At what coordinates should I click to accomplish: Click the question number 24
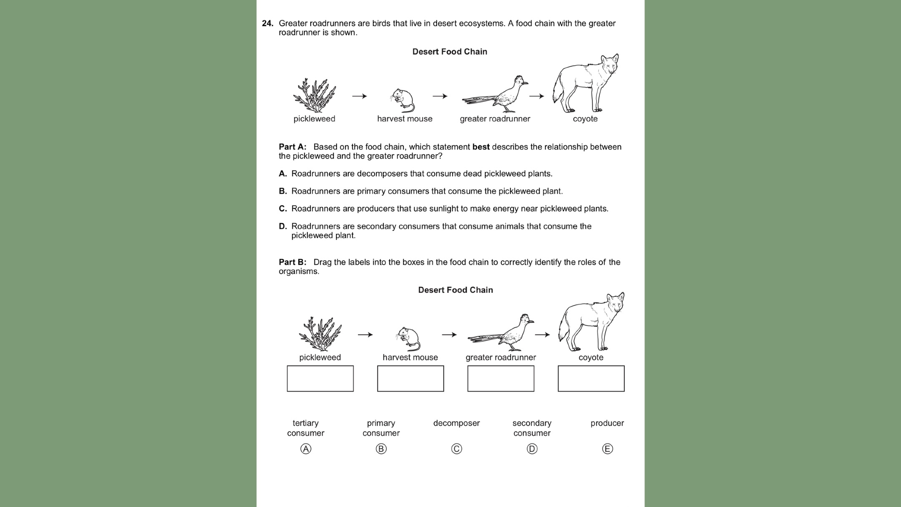[x=267, y=23]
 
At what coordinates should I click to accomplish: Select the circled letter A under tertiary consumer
[x=306, y=449]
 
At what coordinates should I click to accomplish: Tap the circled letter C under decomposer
[x=456, y=449]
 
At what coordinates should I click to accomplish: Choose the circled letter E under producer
[x=607, y=449]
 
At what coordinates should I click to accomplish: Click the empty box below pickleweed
[x=320, y=378]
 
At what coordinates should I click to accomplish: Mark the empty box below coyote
[x=591, y=378]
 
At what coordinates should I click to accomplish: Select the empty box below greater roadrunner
[x=501, y=378]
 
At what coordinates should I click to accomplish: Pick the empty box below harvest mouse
[x=410, y=378]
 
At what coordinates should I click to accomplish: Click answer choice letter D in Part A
[x=283, y=226]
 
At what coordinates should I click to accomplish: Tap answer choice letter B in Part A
[x=283, y=191]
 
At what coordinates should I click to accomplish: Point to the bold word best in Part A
[x=481, y=147]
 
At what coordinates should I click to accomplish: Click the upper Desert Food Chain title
[x=450, y=52]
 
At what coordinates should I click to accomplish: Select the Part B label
[x=292, y=262]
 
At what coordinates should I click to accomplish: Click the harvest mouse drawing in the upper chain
[x=403, y=101]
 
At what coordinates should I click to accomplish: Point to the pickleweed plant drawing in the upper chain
[x=315, y=96]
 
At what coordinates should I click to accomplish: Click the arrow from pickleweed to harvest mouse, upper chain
[x=359, y=96]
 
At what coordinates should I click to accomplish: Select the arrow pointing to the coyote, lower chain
[x=542, y=335]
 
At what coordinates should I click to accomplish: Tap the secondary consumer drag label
[x=532, y=428]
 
